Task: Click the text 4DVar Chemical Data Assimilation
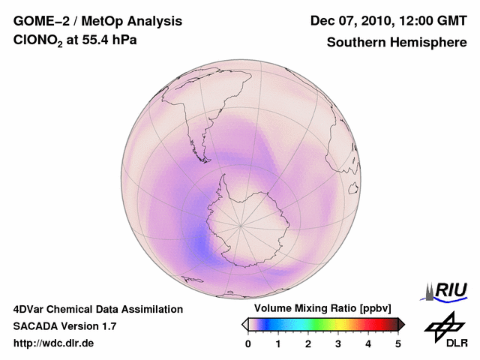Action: pos(97,309)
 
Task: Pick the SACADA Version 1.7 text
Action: pos(64,326)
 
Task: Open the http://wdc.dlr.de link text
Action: pos(54,343)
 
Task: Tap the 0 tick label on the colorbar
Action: pos(248,343)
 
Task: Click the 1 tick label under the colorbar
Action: pos(278,343)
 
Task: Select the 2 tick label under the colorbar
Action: pos(308,343)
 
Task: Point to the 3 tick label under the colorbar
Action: pos(338,343)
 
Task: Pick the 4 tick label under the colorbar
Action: pos(368,343)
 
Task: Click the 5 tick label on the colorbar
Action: pos(398,343)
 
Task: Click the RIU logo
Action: pos(446,290)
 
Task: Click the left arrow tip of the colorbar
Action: pos(244,324)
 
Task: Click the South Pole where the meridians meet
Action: pos(241,224)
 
